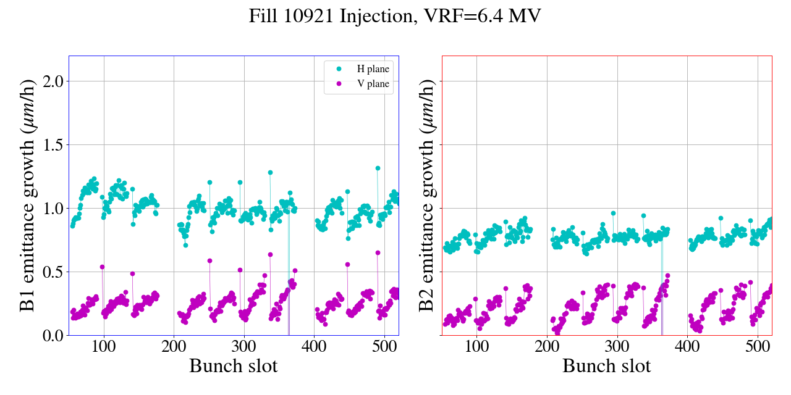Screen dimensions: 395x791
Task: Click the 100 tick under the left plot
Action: (104, 347)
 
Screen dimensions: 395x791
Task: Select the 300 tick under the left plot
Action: (244, 347)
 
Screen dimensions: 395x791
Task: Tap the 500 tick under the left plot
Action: (384, 347)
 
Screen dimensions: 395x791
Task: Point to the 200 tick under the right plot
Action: (548, 347)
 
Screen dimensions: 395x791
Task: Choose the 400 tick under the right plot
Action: (688, 347)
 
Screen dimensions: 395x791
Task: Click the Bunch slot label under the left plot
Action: (234, 366)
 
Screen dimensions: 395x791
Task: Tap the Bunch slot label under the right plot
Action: (607, 366)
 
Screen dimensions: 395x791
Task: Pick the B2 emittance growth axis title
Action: (426, 196)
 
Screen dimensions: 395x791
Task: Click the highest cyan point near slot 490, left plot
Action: (378, 168)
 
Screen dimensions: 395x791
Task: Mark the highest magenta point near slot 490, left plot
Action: (378, 252)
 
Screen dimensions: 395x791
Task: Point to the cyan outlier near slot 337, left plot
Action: (270, 173)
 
